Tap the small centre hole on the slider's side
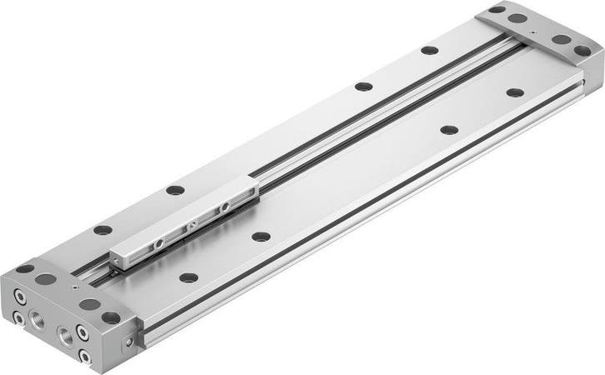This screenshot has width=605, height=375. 192,225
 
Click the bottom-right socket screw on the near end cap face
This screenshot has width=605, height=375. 84,357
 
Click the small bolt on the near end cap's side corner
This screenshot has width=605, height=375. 128,342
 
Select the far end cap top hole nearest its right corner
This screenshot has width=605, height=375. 582,51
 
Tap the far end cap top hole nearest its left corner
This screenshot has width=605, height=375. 497,9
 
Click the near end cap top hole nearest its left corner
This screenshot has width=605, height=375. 25,268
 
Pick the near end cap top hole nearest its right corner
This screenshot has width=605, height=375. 111,317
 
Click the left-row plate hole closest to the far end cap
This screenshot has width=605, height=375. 429,50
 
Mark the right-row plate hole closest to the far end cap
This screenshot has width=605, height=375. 515,92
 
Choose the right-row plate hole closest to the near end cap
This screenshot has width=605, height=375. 189,277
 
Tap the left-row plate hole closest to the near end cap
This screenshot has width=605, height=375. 102,230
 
